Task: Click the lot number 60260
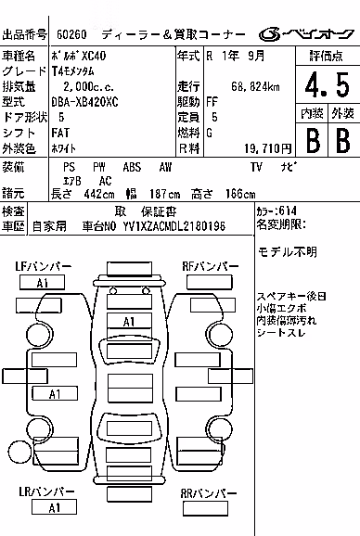pyautogui.click(x=71, y=34)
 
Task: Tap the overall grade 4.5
pyautogui.click(x=328, y=84)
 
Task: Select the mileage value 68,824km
pyautogui.click(x=255, y=86)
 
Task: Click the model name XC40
pyautogui.click(x=94, y=56)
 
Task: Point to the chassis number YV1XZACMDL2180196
pyautogui.click(x=174, y=226)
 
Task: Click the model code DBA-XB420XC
pyautogui.click(x=84, y=102)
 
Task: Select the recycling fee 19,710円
pyautogui.click(x=268, y=148)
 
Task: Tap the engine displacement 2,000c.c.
pyautogui.click(x=88, y=86)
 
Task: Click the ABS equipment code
pyautogui.click(x=132, y=167)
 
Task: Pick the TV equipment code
pyautogui.click(x=256, y=167)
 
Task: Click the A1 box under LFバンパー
pyautogui.click(x=42, y=283)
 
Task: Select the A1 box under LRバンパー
pyautogui.click(x=54, y=507)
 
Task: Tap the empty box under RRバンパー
pyautogui.click(x=205, y=509)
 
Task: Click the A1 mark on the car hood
pyautogui.click(x=129, y=322)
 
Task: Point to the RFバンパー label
pyautogui.click(x=211, y=266)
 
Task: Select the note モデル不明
pyautogui.click(x=288, y=252)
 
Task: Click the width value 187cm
pyautogui.click(x=165, y=194)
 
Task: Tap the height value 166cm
pyautogui.click(x=240, y=194)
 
